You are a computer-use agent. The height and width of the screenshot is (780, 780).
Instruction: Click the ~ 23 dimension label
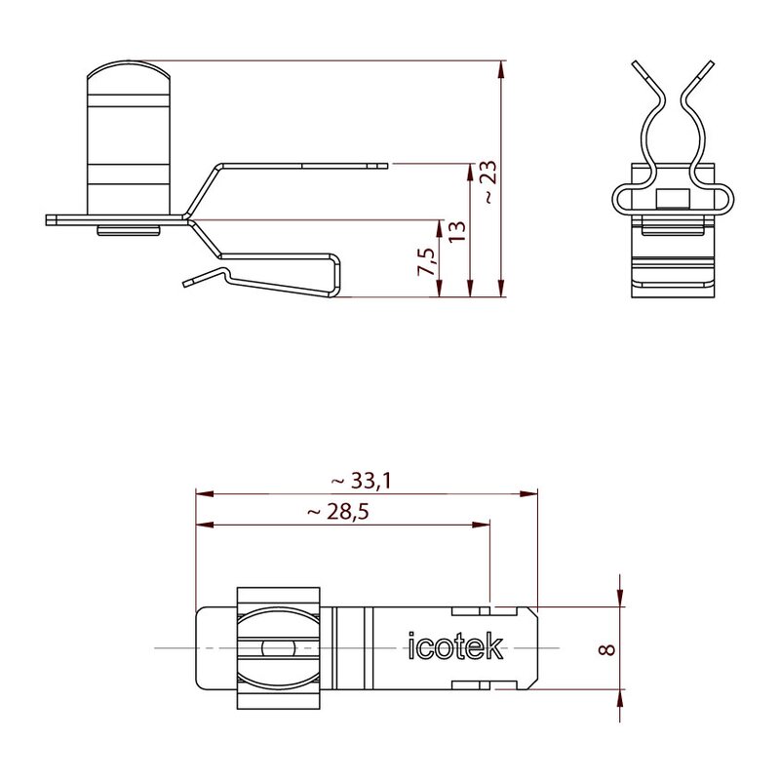pos(489,182)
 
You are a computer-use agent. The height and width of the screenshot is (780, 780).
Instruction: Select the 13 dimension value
pos(457,232)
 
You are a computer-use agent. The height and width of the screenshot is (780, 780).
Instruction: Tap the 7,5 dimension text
pos(426,262)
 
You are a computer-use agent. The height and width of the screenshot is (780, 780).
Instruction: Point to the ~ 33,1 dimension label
pos(361,481)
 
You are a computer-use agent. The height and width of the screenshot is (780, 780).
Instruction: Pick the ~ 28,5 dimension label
pos(338,511)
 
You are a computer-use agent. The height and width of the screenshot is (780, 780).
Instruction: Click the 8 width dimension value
pos(607,649)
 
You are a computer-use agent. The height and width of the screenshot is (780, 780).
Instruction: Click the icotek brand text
pos(455,646)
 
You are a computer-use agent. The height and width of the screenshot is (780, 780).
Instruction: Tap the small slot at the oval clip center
pos(279,648)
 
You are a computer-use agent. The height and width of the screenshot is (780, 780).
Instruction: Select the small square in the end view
pos(673,199)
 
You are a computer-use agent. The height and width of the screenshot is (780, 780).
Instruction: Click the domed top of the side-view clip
pos(129,68)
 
